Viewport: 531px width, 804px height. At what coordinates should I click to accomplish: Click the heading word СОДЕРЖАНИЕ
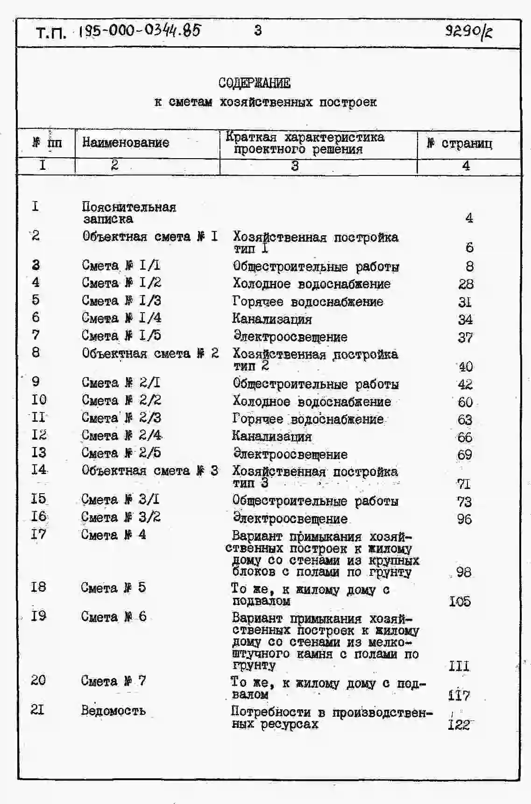(254, 84)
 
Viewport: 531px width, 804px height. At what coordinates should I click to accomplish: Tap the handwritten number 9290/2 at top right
(468, 32)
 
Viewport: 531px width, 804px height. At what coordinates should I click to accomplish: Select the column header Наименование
(126, 142)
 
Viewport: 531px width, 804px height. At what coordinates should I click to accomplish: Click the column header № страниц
(460, 143)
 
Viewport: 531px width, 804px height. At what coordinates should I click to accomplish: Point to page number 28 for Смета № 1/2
(466, 284)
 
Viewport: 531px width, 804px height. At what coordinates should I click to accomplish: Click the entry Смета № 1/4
(121, 318)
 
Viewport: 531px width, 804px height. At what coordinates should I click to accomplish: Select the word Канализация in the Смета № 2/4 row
(272, 437)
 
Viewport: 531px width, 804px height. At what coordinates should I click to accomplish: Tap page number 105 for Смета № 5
(460, 601)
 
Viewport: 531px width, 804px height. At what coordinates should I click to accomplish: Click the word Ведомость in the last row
(113, 710)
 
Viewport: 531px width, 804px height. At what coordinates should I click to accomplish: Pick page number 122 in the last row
(459, 725)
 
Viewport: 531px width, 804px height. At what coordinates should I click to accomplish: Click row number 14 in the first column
(39, 469)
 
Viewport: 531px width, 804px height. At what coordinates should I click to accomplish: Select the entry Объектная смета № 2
(150, 353)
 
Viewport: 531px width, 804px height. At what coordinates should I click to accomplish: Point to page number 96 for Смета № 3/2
(464, 519)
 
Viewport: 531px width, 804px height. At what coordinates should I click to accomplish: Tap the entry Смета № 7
(113, 681)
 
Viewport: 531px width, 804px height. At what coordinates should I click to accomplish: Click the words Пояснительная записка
(128, 212)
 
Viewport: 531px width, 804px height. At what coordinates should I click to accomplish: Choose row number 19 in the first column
(38, 616)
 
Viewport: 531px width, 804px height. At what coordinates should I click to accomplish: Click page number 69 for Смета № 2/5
(464, 454)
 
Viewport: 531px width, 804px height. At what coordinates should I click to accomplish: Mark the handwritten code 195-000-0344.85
(139, 31)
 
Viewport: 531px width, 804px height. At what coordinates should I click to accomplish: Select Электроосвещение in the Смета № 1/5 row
(290, 336)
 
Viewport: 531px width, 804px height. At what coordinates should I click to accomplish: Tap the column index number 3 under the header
(295, 166)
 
